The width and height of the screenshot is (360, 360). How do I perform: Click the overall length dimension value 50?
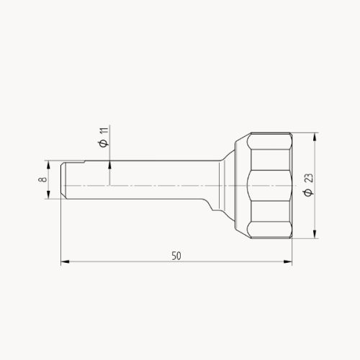[176, 256]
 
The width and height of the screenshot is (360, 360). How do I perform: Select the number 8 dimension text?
[43, 179]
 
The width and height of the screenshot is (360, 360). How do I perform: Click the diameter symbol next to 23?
[309, 192]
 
